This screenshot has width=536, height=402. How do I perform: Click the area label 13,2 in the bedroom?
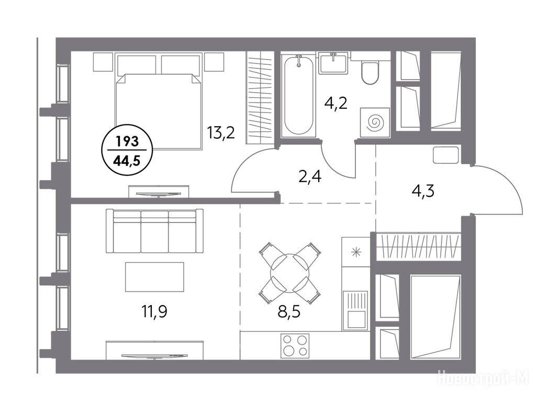[221, 132]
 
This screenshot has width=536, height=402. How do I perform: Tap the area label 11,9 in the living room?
[154, 311]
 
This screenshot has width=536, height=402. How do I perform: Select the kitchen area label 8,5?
[289, 311]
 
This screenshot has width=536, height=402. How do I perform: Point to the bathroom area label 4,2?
[336, 103]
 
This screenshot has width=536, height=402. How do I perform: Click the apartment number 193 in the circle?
[127, 141]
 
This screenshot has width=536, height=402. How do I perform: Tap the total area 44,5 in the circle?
[127, 160]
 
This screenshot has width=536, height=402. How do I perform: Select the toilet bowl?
[370, 72]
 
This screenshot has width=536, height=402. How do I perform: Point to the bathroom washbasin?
[333, 63]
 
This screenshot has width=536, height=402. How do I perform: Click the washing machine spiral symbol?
[375, 122]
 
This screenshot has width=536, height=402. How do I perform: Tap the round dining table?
[289, 273]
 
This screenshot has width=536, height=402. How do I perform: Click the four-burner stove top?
[295, 345]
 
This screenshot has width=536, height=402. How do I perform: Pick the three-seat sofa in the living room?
[154, 231]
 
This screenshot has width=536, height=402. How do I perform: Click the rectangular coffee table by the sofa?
[154, 277]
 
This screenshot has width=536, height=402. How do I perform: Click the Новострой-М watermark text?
[483, 377]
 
